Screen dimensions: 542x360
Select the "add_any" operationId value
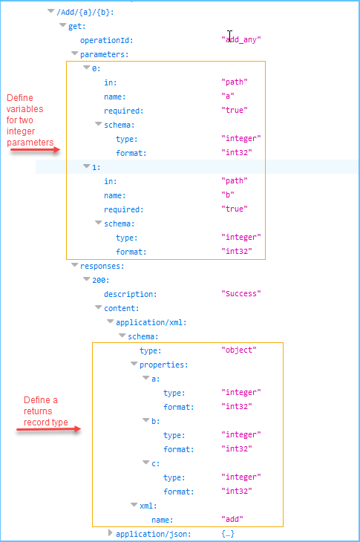click(241, 39)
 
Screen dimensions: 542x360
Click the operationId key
click(107, 40)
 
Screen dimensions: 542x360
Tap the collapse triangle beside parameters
click(74, 53)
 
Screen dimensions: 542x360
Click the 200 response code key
click(101, 280)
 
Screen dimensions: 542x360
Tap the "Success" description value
click(240, 294)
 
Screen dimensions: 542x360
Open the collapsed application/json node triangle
click(111, 533)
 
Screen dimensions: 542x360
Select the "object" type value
click(238, 350)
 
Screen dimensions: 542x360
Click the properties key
click(163, 365)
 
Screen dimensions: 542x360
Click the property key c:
click(154, 463)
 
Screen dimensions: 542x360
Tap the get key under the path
click(77, 26)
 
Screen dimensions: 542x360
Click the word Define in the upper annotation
click(20, 98)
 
